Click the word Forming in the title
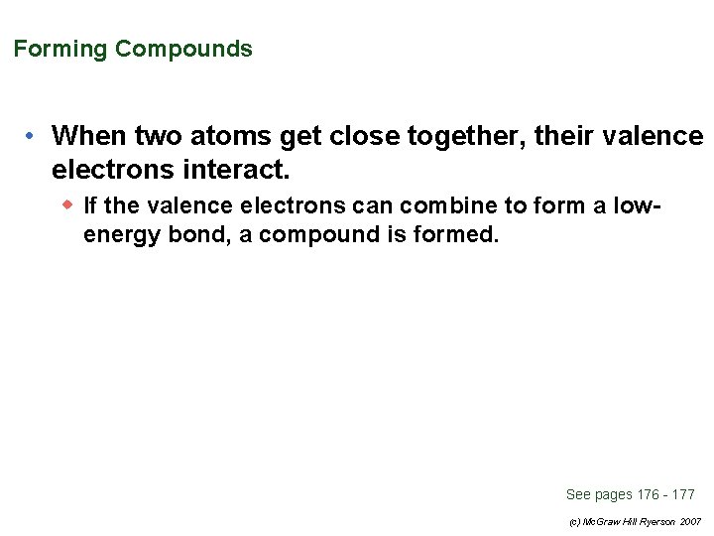[x=60, y=49]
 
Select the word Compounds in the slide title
[x=183, y=49]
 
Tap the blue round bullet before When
[x=32, y=134]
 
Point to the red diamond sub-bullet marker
[x=67, y=204]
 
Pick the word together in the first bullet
[x=465, y=134]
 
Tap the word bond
[x=189, y=235]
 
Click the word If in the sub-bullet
[x=90, y=205]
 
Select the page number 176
[x=648, y=494]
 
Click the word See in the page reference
[x=578, y=494]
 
